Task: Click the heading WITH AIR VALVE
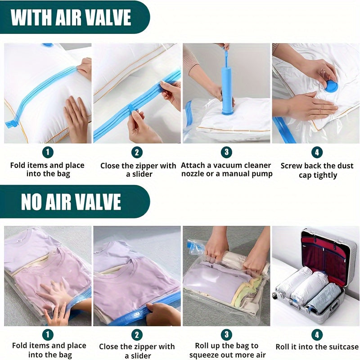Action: point(71,18)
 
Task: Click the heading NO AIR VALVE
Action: point(71,202)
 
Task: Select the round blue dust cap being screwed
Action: point(331,85)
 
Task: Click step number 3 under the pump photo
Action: point(227,152)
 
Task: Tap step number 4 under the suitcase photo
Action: point(316,335)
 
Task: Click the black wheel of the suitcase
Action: point(274,296)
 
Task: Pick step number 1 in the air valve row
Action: point(48,152)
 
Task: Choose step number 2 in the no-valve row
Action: point(137,335)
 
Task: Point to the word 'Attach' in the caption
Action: point(193,166)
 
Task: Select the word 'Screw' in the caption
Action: point(292,166)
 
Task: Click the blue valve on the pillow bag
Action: point(47,45)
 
